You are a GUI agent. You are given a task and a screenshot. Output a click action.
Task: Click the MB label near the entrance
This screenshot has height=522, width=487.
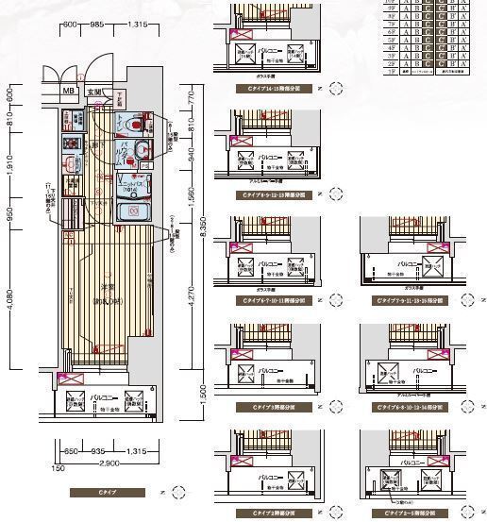pos(68,92)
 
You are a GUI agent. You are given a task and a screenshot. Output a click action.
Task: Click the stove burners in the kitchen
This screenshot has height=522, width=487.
pos(71,143)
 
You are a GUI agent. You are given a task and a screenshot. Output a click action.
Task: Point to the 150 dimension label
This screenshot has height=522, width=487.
pos(59,467)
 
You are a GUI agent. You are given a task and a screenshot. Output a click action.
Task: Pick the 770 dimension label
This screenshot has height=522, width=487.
pos(190,95)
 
